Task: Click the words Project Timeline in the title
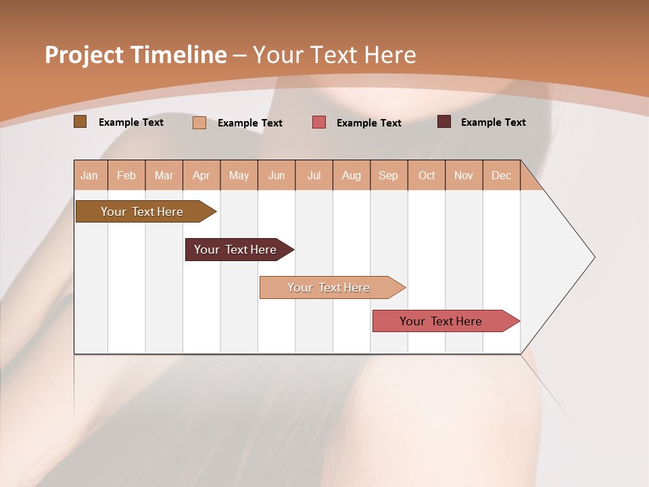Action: coord(136,55)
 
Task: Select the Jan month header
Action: coord(89,175)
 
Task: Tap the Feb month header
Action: coord(126,175)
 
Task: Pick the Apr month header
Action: coord(201,175)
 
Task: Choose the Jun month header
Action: coord(277,175)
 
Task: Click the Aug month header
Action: coord(352,175)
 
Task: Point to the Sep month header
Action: coord(388,175)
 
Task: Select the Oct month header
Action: coord(427,175)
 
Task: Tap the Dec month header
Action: coord(501,175)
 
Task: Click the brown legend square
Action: coord(80,122)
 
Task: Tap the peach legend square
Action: coord(199,122)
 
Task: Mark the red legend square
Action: coord(319,122)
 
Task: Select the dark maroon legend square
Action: coord(444,122)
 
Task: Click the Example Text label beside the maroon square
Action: coord(493,122)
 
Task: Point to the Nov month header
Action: coord(464,175)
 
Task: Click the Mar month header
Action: coord(164,175)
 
